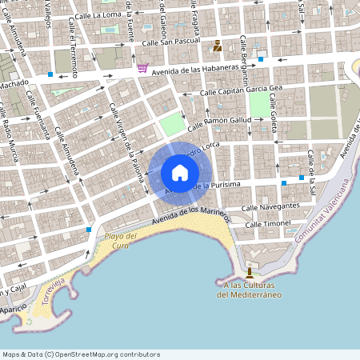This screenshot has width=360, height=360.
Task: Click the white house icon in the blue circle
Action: pyautogui.click(x=180, y=172)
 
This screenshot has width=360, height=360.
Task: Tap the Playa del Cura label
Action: pyautogui.click(x=121, y=240)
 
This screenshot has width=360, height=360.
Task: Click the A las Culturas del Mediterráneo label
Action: pyautogui.click(x=249, y=289)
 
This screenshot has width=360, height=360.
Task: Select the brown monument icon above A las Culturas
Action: pyautogui.click(x=249, y=272)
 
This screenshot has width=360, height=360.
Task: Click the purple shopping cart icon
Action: pyautogui.click(x=142, y=68)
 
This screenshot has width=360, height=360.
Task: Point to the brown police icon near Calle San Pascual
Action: pyautogui.click(x=218, y=46)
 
